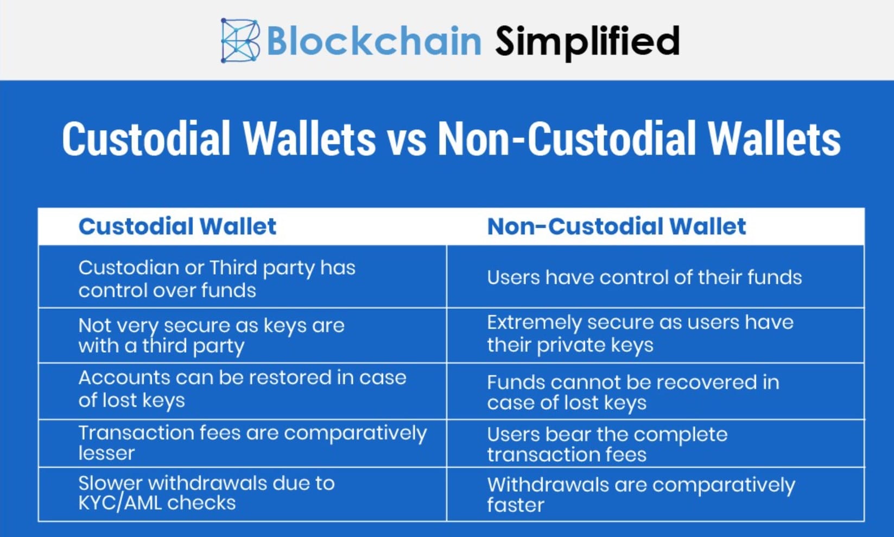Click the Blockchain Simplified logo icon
coord(240,40)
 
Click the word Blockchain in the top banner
coord(374,41)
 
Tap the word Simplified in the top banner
coord(587,42)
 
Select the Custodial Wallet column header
coord(177,227)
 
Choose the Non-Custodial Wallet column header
coord(617,227)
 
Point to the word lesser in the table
coord(106,453)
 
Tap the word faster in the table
coord(516,504)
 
